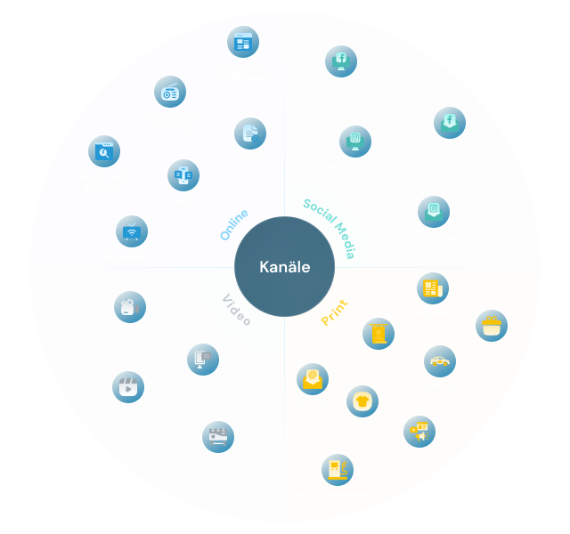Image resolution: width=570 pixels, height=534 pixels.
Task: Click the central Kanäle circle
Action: [x=285, y=266]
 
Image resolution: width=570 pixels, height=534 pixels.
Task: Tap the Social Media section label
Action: [x=330, y=231]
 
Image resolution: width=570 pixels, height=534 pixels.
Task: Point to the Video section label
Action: [x=237, y=308]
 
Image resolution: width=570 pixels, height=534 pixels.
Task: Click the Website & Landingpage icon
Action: [x=241, y=42]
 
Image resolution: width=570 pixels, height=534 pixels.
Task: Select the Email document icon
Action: [x=250, y=133]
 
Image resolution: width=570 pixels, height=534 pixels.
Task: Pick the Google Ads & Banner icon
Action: [x=104, y=152]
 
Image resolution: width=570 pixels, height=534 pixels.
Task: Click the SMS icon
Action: [x=183, y=175]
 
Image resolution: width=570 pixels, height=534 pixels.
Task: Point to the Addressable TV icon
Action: [x=132, y=231]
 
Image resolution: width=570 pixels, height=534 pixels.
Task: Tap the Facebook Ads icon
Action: [x=340, y=61]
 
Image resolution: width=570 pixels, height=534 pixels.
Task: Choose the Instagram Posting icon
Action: [x=434, y=212]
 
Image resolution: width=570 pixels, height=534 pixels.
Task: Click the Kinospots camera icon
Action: [x=130, y=307]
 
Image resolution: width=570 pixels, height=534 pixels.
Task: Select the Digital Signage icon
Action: [x=203, y=360]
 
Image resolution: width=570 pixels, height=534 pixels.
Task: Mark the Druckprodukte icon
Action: [x=433, y=288]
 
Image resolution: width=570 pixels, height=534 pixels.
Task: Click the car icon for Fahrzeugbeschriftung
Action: [x=439, y=361]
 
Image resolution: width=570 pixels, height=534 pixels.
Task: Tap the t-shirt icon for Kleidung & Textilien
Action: [x=362, y=401]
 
